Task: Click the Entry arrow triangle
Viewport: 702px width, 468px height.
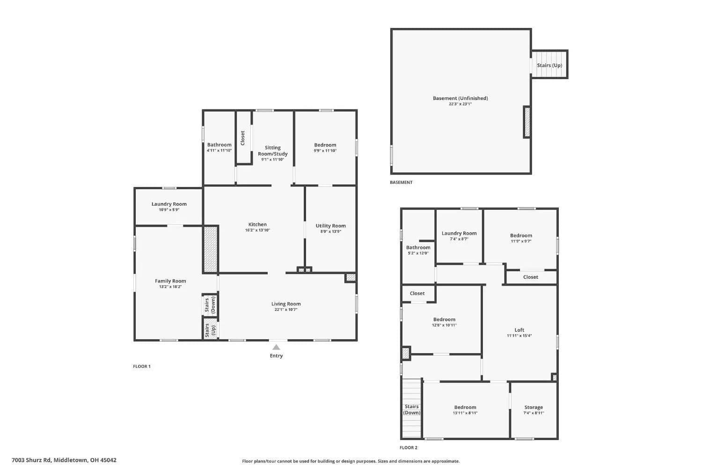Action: tap(276, 347)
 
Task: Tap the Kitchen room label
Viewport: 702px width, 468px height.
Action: tap(257, 224)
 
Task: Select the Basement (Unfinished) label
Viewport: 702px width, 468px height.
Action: tap(461, 98)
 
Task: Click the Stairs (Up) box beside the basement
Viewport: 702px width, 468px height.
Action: tap(550, 64)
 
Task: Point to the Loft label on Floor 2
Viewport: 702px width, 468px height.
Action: tap(519, 330)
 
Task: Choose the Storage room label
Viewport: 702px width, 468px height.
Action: tap(534, 407)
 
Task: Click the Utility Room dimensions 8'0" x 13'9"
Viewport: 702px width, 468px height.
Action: tap(330, 231)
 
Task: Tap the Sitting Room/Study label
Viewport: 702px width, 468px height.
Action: tap(273, 150)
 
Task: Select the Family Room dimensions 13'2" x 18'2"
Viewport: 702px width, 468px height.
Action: tap(170, 287)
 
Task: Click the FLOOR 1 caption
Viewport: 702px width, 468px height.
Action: tap(142, 366)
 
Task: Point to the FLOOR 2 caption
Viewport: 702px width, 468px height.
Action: tap(409, 447)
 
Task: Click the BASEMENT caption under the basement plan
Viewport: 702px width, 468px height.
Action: tap(401, 182)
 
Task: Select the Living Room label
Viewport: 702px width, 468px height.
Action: tap(286, 304)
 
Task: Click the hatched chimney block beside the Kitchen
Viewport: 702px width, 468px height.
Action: tap(211, 249)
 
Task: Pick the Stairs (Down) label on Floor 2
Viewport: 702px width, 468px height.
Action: tap(411, 409)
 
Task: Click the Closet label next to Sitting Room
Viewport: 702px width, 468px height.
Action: tap(242, 138)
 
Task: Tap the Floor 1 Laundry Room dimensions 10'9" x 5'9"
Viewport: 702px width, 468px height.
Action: tap(169, 210)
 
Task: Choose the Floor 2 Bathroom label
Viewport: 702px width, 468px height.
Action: tap(418, 247)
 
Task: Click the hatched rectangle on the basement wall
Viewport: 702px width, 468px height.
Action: tap(527, 122)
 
